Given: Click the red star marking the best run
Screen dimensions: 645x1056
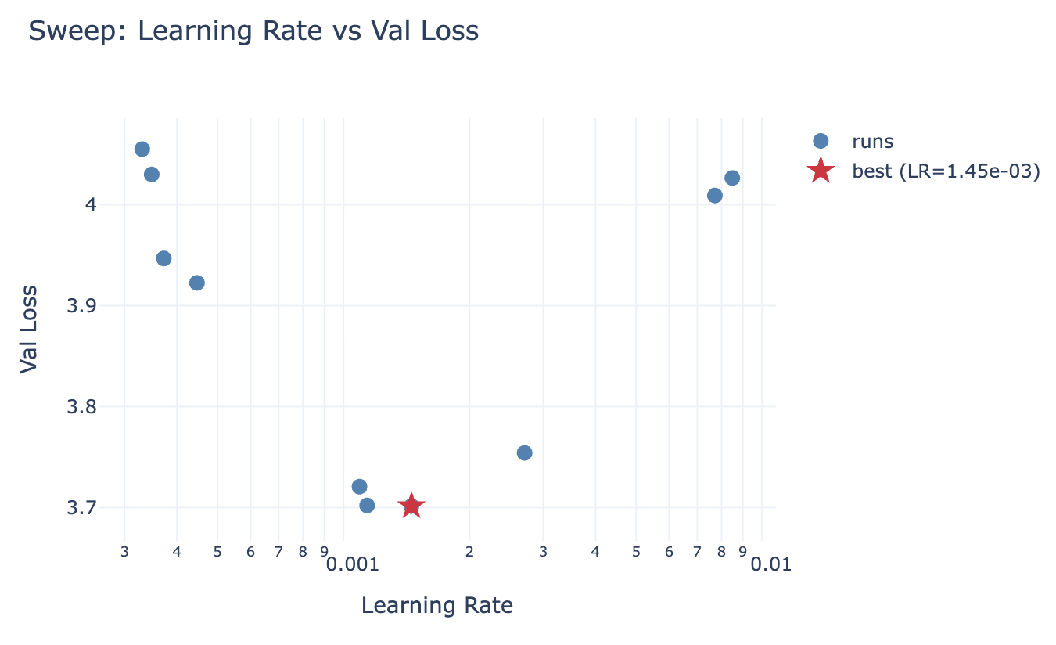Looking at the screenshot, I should point(411,506).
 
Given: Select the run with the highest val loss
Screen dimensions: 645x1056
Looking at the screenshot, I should point(142,149).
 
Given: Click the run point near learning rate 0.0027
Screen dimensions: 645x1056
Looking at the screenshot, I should point(524,452).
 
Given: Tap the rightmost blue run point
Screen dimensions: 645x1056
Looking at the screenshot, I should point(731,178).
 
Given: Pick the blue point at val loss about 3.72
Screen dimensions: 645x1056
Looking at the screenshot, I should point(359,486).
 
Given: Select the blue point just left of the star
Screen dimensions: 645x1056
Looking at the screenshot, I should point(367,505).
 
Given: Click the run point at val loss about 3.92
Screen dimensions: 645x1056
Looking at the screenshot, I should point(196,283).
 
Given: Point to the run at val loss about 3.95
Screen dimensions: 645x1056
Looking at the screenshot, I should point(163,258).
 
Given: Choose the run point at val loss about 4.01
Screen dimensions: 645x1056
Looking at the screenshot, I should point(714,195).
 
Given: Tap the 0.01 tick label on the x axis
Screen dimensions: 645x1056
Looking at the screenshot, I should point(770,564).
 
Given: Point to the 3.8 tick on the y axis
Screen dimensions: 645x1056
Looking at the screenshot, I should point(82,406).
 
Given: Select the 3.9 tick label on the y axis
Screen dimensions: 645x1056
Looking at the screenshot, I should point(82,305).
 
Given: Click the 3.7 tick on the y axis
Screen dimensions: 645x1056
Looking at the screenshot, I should point(82,507).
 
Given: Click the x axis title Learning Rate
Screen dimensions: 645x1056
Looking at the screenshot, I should point(436,605).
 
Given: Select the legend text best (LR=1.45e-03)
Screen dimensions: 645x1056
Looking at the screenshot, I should point(946,171).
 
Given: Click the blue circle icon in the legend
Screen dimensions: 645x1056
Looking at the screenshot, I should point(820,141).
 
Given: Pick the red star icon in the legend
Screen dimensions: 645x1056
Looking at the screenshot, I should point(820,171).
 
